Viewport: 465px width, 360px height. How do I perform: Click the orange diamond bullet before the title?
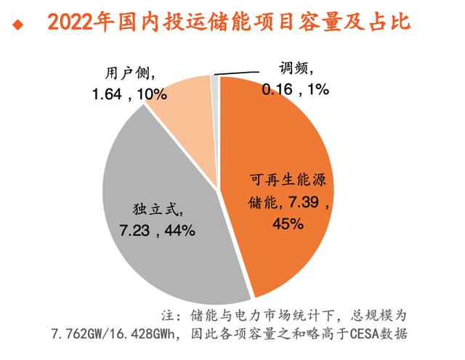(x=17, y=25)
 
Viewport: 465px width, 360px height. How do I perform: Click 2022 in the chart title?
(x=73, y=23)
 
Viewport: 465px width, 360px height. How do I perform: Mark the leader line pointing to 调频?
(x=236, y=73)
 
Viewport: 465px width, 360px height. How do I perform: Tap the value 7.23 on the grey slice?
(x=134, y=231)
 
